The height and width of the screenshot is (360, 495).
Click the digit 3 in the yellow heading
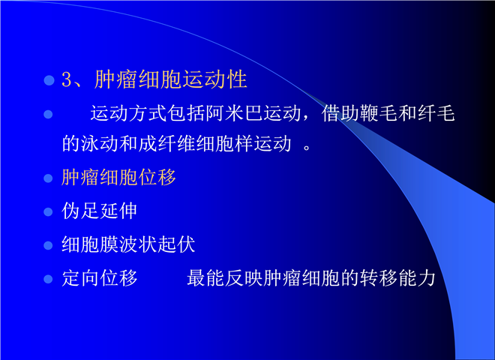point(67,79)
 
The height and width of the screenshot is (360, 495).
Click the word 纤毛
point(436,113)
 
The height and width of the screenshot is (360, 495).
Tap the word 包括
point(186,113)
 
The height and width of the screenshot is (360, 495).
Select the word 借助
point(340,113)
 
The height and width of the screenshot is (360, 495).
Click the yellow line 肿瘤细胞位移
point(118,177)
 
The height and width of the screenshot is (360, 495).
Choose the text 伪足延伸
point(100,211)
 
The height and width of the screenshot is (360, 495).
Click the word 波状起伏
point(157,244)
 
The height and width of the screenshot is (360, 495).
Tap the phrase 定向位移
point(100,278)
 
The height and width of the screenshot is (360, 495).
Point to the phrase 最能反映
point(225,278)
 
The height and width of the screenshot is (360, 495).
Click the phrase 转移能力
point(397,278)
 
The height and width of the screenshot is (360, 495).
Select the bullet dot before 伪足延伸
point(48,211)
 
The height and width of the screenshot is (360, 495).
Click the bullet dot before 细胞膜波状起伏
point(48,245)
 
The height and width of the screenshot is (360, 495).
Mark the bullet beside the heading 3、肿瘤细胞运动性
point(49,80)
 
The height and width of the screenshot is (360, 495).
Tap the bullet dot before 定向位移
point(48,279)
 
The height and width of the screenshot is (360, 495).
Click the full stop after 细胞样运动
point(307,148)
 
